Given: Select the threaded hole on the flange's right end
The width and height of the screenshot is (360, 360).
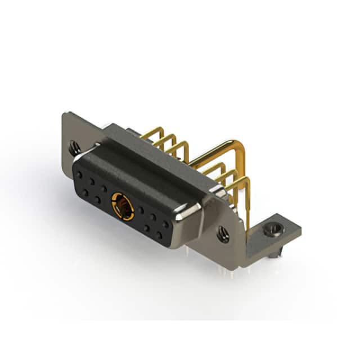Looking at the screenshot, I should click(223, 233).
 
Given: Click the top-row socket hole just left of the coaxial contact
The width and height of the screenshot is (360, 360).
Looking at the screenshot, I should click(104, 188).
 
